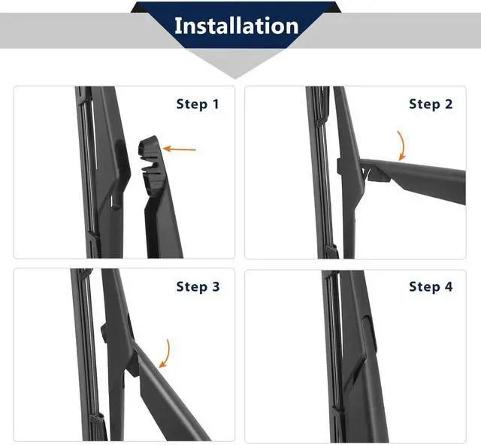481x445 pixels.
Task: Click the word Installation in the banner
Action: [236, 26]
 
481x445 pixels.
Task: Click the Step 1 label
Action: [198, 104]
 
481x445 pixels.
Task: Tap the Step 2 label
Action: [431, 104]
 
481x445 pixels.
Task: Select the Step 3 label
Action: [198, 286]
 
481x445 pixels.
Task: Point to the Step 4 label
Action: [431, 286]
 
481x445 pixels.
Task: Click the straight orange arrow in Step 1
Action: [180, 149]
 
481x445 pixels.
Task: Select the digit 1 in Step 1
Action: [216, 104]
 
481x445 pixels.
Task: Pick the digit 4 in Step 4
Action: [449, 286]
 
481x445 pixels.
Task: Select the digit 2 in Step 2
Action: [449, 104]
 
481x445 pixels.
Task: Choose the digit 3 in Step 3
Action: [216, 286]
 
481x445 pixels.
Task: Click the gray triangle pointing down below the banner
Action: [235, 63]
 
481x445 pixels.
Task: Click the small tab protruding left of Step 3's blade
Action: [104, 333]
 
